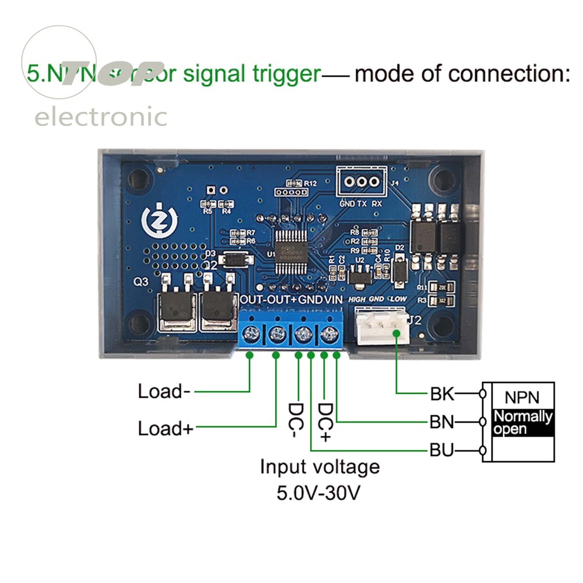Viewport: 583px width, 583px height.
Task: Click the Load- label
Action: click(164, 391)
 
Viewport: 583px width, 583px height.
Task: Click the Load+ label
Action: click(165, 429)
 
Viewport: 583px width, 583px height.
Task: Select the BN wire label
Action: click(442, 422)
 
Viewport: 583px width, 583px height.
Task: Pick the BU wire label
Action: click(442, 451)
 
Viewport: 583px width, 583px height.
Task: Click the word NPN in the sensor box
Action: click(522, 398)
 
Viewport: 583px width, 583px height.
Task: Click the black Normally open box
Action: click(522, 423)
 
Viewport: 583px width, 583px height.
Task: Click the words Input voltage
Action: click(319, 467)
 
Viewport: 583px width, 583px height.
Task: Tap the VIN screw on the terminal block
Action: click(329, 335)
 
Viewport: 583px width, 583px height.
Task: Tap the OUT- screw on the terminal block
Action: click(251, 335)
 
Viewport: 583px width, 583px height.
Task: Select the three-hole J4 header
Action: click(361, 181)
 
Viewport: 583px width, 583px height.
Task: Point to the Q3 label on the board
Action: click(141, 282)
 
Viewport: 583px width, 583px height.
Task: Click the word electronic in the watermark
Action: click(100, 117)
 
